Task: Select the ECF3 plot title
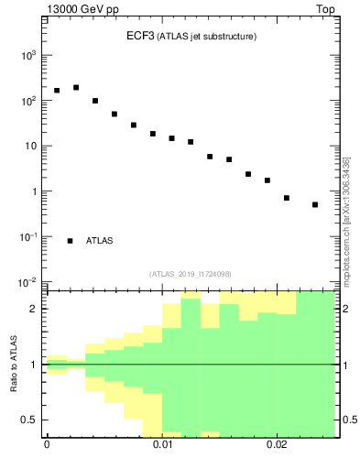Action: [191, 36]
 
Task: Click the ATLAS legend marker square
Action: [70, 241]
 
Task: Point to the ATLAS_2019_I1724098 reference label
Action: [191, 274]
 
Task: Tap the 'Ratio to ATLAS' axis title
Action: [15, 365]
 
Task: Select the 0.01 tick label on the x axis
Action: [162, 444]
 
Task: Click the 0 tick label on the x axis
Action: [47, 444]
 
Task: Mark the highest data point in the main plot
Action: [76, 88]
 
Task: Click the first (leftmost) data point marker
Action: [57, 91]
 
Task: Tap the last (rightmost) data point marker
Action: [315, 204]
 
